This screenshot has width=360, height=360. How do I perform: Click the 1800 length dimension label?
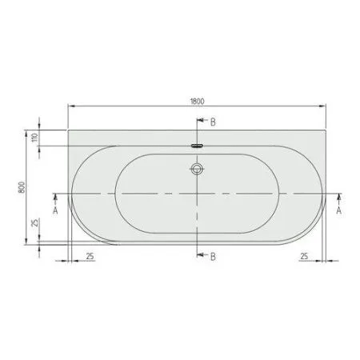click(198, 99)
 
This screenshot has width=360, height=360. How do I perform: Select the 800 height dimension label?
click(27, 186)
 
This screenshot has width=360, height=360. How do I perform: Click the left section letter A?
click(55, 211)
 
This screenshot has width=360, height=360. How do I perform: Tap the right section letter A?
click(339, 211)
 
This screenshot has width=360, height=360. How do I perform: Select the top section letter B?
click(213, 122)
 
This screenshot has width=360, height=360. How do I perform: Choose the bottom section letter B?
click(213, 256)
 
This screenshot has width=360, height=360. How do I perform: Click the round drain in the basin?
click(197, 170)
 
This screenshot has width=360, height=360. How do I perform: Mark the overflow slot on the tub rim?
click(197, 146)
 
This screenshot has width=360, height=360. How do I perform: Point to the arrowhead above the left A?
click(55, 197)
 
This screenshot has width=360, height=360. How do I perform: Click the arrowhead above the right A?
click(339, 197)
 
